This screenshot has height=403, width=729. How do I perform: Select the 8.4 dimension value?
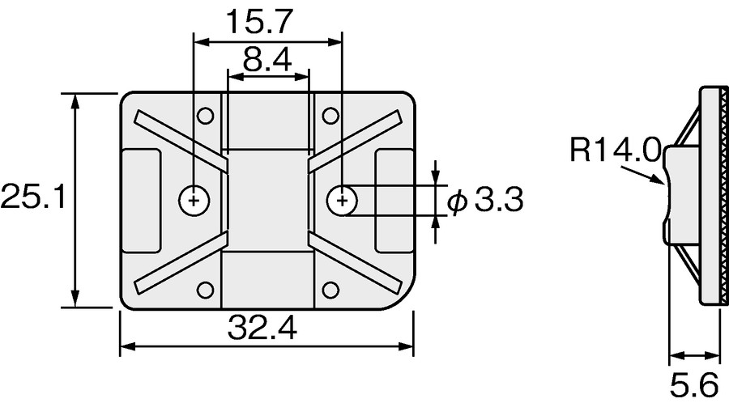267,60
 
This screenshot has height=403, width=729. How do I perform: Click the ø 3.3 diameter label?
486,200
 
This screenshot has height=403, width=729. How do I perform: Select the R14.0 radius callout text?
616,151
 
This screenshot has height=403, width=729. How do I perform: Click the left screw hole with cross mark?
194,199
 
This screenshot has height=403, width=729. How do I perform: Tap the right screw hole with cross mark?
343,199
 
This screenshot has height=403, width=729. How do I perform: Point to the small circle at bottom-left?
206,290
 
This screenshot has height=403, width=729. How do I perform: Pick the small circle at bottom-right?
330,290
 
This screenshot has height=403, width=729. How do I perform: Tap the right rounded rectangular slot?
395,199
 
